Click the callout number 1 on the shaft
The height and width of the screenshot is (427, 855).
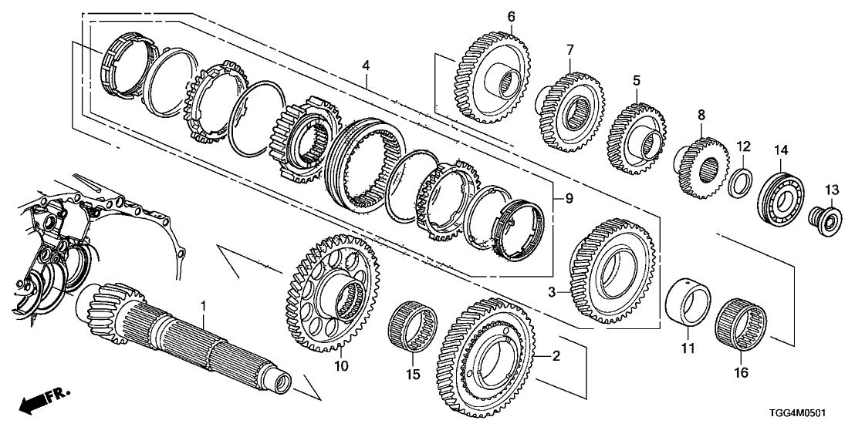pyautogui.click(x=203, y=307)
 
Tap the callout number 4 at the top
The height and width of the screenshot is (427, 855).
pyautogui.click(x=367, y=65)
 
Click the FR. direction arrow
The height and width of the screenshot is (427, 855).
pyautogui.click(x=42, y=402)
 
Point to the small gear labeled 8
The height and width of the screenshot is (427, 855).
pyautogui.click(x=701, y=165)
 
